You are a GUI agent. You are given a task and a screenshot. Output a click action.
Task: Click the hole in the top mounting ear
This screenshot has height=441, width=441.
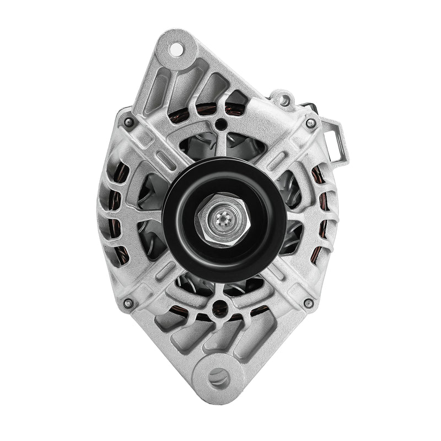pos(176,49)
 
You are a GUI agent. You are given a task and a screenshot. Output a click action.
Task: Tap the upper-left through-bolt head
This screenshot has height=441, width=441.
pos(129,122)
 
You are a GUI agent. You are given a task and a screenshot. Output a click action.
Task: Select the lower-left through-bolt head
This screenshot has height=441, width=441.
pos(128,303)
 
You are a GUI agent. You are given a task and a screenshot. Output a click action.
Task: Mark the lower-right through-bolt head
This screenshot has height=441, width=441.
pos(309,303)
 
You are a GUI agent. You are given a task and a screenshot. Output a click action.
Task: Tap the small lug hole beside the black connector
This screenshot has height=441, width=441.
pos(284,100)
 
